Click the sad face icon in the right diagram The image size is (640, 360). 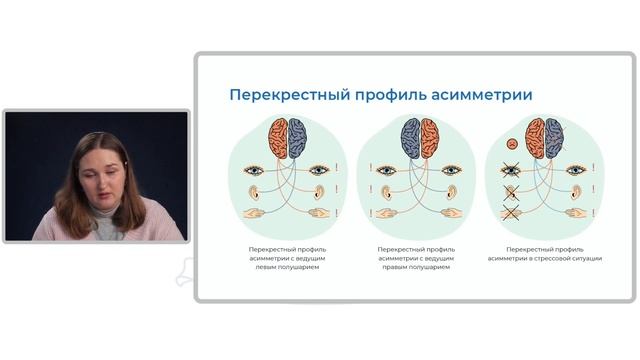coord(510,140)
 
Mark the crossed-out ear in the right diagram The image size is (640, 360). coord(513,190)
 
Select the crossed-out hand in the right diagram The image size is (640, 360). coord(512,212)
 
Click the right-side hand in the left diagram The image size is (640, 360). coord(319,212)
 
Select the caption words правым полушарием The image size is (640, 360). coord(420,268)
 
